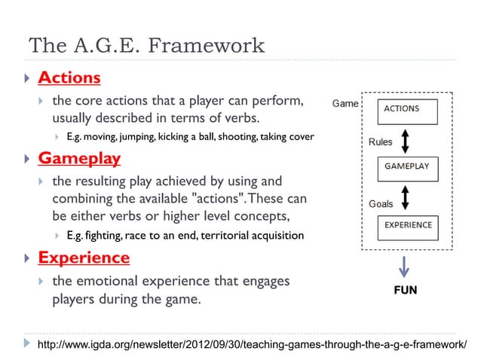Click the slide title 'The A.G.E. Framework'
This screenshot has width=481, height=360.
(x=146, y=46)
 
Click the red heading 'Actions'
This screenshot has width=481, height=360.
(x=69, y=78)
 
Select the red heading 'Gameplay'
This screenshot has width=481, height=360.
(x=79, y=160)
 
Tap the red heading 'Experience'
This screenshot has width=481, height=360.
(x=84, y=258)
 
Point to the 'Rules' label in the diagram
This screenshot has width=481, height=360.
(x=380, y=142)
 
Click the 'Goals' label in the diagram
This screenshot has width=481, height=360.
(x=380, y=204)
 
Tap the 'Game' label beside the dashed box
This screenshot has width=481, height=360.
(x=345, y=103)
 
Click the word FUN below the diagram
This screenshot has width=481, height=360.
(x=406, y=290)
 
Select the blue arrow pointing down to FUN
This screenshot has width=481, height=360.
(x=406, y=267)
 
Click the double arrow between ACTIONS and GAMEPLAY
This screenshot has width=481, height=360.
(x=406, y=141)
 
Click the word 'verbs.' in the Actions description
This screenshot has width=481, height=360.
(x=244, y=119)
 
